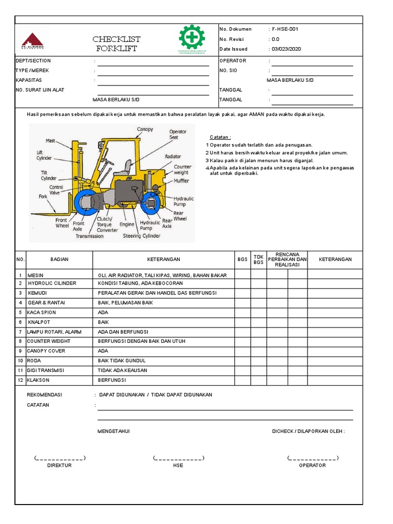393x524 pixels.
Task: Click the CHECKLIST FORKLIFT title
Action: click(117, 44)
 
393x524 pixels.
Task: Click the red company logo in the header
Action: click(33, 40)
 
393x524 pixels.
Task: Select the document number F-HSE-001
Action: click(285, 29)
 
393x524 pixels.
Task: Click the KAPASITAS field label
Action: click(29, 80)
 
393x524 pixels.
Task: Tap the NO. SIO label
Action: click(228, 71)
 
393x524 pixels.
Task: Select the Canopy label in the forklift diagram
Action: click(145, 129)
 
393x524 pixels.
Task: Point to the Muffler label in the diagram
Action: click(181, 180)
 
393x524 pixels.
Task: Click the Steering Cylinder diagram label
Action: click(141, 236)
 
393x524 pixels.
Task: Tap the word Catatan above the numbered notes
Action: click(220, 137)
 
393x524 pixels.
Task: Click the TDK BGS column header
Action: click(258, 259)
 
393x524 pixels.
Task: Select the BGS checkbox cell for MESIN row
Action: click(243, 275)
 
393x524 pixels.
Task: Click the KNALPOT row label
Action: click(39, 322)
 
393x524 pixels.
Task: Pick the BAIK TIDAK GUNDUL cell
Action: click(122, 361)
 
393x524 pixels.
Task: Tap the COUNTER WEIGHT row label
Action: click(49, 341)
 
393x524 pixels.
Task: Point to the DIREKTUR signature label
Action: click(59, 465)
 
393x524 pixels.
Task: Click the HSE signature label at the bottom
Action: click(178, 465)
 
